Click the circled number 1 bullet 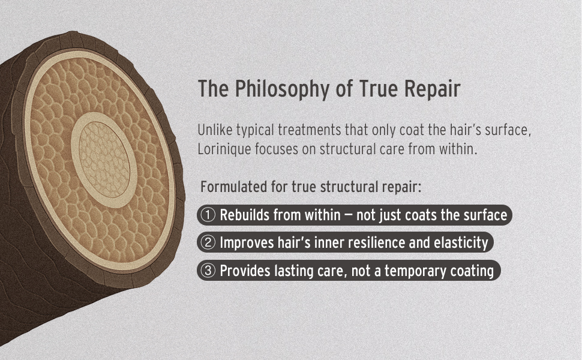pos(208,215)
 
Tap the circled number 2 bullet pos(208,242)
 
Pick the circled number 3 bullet pos(208,271)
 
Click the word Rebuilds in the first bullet pos(243,215)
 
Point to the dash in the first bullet pos(348,215)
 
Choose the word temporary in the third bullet pos(415,271)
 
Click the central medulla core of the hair pos(104,160)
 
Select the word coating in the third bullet pos(472,271)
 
